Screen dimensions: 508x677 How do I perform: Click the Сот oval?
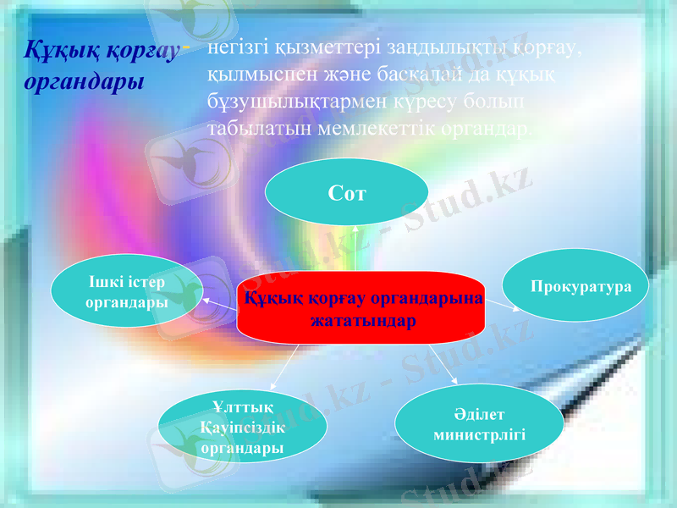pos(346,193)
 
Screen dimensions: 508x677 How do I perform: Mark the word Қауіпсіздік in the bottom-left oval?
pos(243,428)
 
